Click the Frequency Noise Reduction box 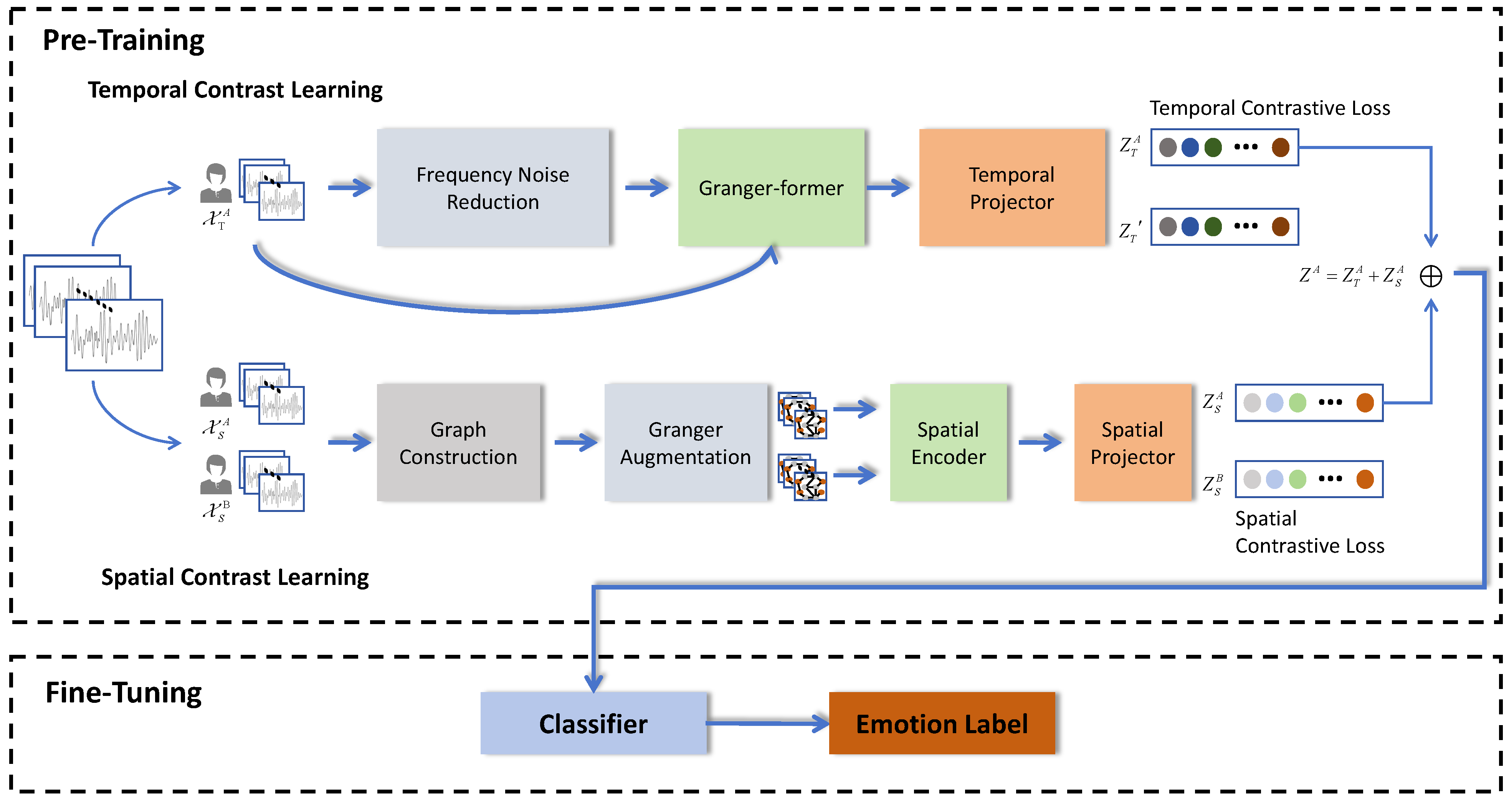493,187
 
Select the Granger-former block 771,187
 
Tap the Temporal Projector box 1012,187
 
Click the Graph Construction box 458,442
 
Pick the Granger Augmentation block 685,442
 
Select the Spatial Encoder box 948,442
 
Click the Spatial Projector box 1132,442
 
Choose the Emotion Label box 941,723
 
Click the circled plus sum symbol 1431,276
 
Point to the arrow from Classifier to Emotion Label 767,723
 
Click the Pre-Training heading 124,40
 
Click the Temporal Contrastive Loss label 1269,108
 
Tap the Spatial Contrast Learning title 235,577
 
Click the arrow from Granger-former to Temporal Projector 888,187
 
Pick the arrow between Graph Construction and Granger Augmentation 575,442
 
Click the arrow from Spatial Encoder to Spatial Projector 1040,442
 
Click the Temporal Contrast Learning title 235,89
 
